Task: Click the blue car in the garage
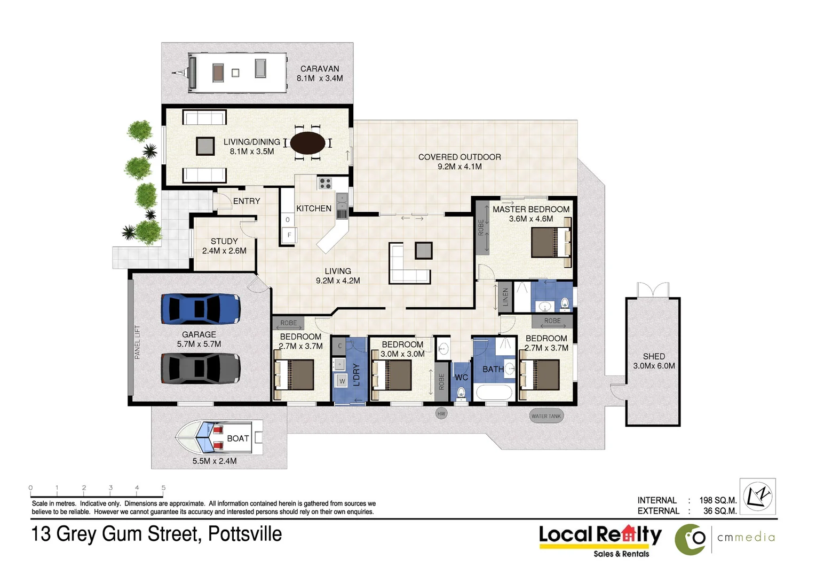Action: (201, 309)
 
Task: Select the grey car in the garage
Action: (201, 368)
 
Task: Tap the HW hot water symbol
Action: (441, 413)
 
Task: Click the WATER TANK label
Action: (546, 416)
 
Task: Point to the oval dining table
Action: (307, 143)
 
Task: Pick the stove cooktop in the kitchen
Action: (325, 183)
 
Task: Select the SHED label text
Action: (654, 356)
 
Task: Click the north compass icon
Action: (758, 497)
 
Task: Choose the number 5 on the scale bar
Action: (163, 487)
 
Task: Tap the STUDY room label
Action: (224, 241)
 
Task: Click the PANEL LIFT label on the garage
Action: (137, 342)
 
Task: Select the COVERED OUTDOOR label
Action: (460, 157)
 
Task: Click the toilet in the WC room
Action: (461, 394)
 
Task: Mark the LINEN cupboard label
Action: (505, 298)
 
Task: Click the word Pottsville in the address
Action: (245, 534)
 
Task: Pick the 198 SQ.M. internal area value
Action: (718, 500)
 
